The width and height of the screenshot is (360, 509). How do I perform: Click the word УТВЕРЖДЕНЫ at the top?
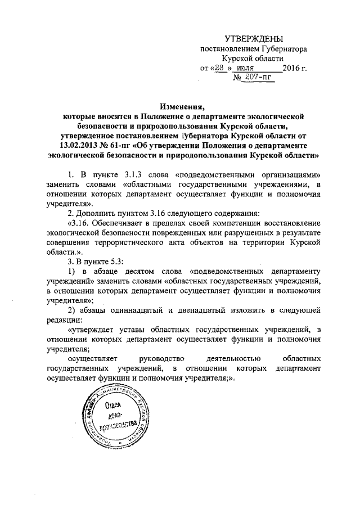coord(253,38)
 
